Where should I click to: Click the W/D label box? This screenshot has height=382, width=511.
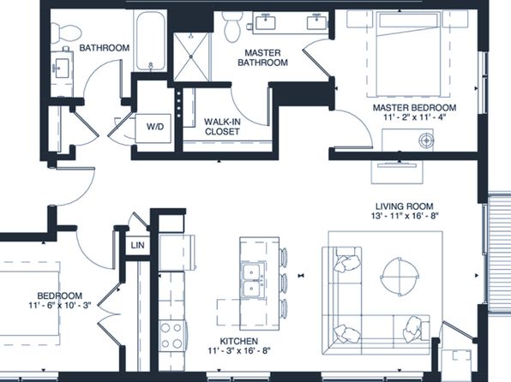[153, 128]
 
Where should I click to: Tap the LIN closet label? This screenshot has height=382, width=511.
[137, 245]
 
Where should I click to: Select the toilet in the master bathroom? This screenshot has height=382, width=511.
[232, 27]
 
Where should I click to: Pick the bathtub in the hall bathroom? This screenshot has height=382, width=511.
[150, 41]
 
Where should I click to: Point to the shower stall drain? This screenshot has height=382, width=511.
[191, 57]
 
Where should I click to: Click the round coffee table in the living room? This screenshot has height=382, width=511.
[400, 276]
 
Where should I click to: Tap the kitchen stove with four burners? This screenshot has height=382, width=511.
[171, 336]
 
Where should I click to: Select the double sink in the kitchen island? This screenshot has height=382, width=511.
[252, 279]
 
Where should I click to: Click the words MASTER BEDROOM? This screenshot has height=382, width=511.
[414, 107]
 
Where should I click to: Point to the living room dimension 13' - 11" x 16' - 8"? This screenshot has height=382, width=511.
[405, 216]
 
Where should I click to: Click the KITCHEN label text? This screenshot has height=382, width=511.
[239, 341]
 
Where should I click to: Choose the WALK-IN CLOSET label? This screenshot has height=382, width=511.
[222, 127]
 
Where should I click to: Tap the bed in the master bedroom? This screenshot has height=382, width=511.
[408, 54]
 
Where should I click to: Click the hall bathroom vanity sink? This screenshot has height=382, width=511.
[62, 68]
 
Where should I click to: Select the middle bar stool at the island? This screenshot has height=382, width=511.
[284, 283]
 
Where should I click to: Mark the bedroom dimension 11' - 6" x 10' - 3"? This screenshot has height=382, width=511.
[60, 305]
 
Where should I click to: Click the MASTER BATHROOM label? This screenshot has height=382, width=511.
[262, 57]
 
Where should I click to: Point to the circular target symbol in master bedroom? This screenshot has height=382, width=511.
[426, 140]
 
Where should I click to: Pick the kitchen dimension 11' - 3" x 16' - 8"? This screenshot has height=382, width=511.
[239, 350]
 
